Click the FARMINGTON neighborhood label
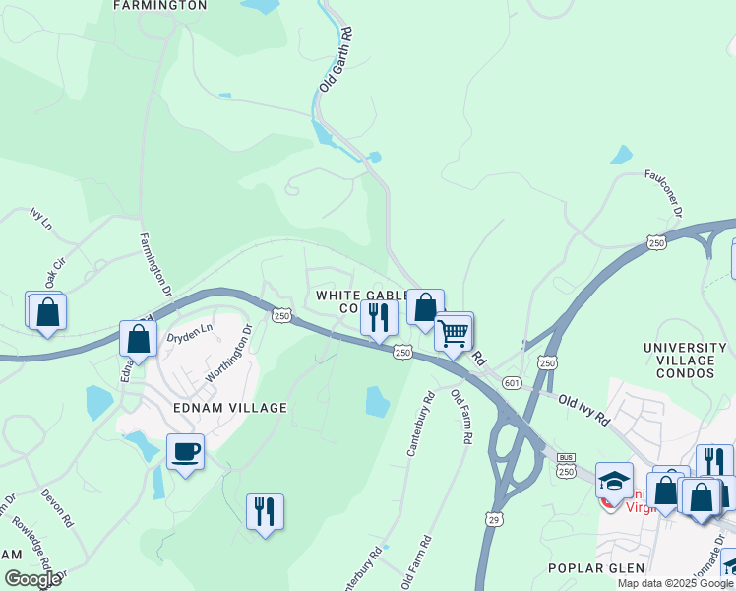click(160, 5)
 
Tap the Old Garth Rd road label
click(336, 60)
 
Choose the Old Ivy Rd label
click(583, 409)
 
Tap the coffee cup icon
click(185, 452)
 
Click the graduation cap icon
click(614, 481)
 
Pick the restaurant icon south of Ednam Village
click(265, 511)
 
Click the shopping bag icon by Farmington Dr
click(139, 338)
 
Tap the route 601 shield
click(511, 381)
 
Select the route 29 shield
click(492, 518)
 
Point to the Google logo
click(32, 579)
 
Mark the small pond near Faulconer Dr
click(621, 155)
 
